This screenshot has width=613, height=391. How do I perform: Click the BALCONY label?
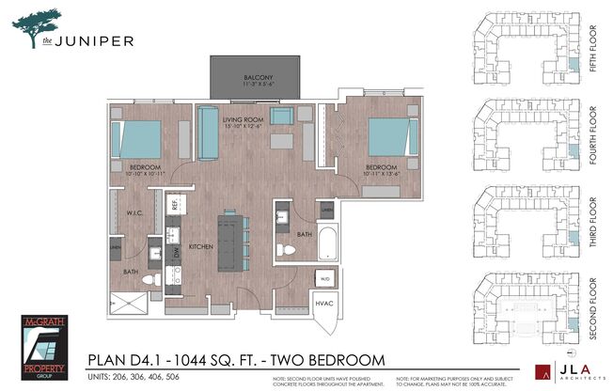tap(259, 77)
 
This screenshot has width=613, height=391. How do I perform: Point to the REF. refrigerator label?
tap(175, 203)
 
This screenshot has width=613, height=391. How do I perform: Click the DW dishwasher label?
tap(175, 253)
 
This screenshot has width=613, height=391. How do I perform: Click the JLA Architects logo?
tap(561, 373)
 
